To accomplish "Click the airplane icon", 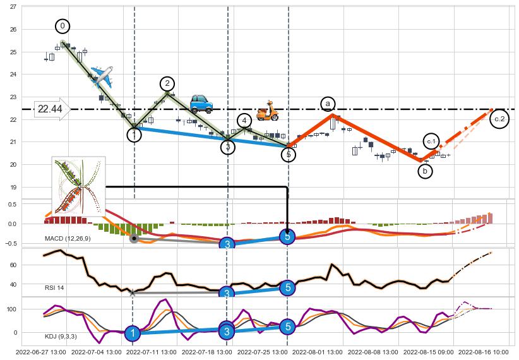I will click(x=102, y=76).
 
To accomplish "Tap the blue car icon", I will click(x=201, y=103).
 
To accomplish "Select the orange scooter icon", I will click(x=268, y=111).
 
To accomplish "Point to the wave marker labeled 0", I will click(x=63, y=26).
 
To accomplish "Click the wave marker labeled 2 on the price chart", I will click(x=167, y=84).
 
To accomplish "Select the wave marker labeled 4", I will click(x=244, y=121).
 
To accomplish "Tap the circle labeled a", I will click(x=328, y=104).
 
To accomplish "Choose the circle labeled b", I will click(x=426, y=171).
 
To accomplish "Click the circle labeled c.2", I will click(x=499, y=119).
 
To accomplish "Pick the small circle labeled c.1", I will click(x=431, y=141).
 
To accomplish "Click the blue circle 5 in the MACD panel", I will click(x=287, y=237).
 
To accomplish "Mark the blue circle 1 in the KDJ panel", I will click(x=132, y=333).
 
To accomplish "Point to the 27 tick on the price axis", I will click(x=13, y=6).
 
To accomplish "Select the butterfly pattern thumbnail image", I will click(x=78, y=187).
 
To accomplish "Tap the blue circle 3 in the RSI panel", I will click(x=227, y=293).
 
